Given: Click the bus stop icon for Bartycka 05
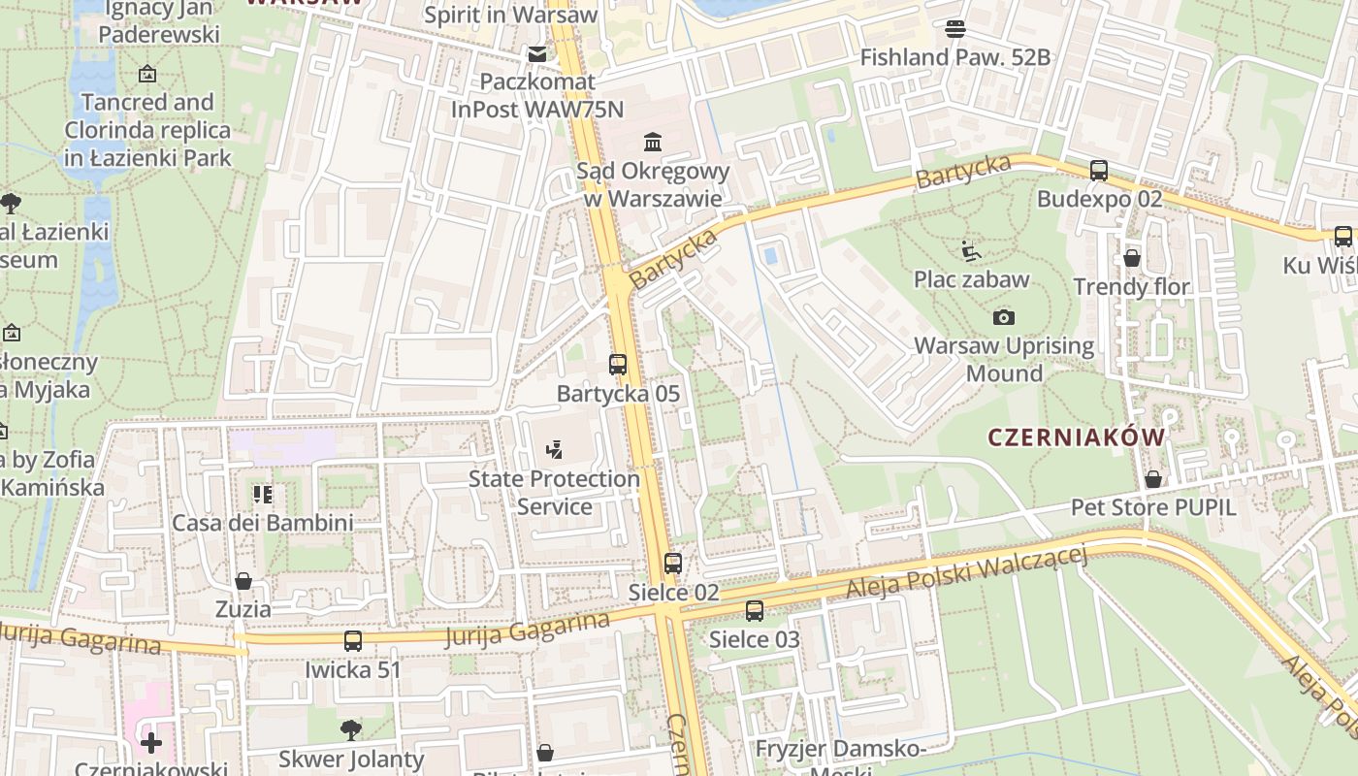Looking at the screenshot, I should tap(618, 365).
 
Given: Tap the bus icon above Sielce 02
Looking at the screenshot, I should tap(672, 563).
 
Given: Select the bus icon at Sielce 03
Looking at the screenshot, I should tap(755, 611).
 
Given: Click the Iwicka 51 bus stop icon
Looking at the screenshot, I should tap(353, 641).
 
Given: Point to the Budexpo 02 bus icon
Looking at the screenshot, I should tap(1099, 171).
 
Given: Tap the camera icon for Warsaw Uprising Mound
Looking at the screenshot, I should tap(1004, 317).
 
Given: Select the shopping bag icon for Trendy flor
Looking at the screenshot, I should tap(1132, 258).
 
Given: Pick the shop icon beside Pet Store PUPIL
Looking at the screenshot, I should tap(1153, 479).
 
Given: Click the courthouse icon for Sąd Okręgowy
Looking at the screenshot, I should tap(653, 143).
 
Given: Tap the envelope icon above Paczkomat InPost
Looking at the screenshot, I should tap(536, 53).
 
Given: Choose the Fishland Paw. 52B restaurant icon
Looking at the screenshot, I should tap(955, 29).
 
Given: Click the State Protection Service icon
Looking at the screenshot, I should tap(554, 449).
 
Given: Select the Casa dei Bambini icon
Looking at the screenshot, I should tap(263, 495).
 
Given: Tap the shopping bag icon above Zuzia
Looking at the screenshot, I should tap(243, 581).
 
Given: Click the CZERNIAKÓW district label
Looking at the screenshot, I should tap(1077, 437).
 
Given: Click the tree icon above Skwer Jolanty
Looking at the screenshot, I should tap(351, 729).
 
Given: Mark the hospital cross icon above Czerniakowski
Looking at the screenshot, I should tap(151, 743).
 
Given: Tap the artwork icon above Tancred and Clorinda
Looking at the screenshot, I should tap(147, 74).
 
